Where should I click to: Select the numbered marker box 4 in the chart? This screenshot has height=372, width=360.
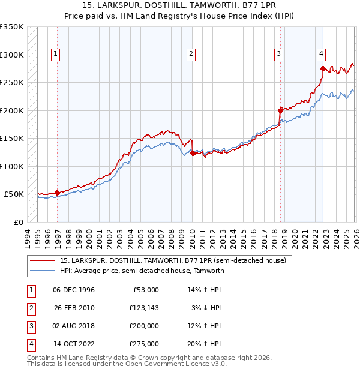pyautogui.click(x=322, y=53)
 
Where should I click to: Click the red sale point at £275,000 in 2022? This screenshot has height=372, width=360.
pyautogui.click(x=323, y=68)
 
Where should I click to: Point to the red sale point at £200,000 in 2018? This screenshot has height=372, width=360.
pyautogui.click(x=280, y=110)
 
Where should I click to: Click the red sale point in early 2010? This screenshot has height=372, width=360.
pyautogui.click(x=193, y=153)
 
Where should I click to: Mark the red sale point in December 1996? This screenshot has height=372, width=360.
pyautogui.click(x=58, y=193)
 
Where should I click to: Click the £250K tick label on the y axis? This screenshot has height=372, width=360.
pyautogui.click(x=12, y=83)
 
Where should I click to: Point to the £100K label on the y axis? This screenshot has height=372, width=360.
pyautogui.click(x=12, y=166)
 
